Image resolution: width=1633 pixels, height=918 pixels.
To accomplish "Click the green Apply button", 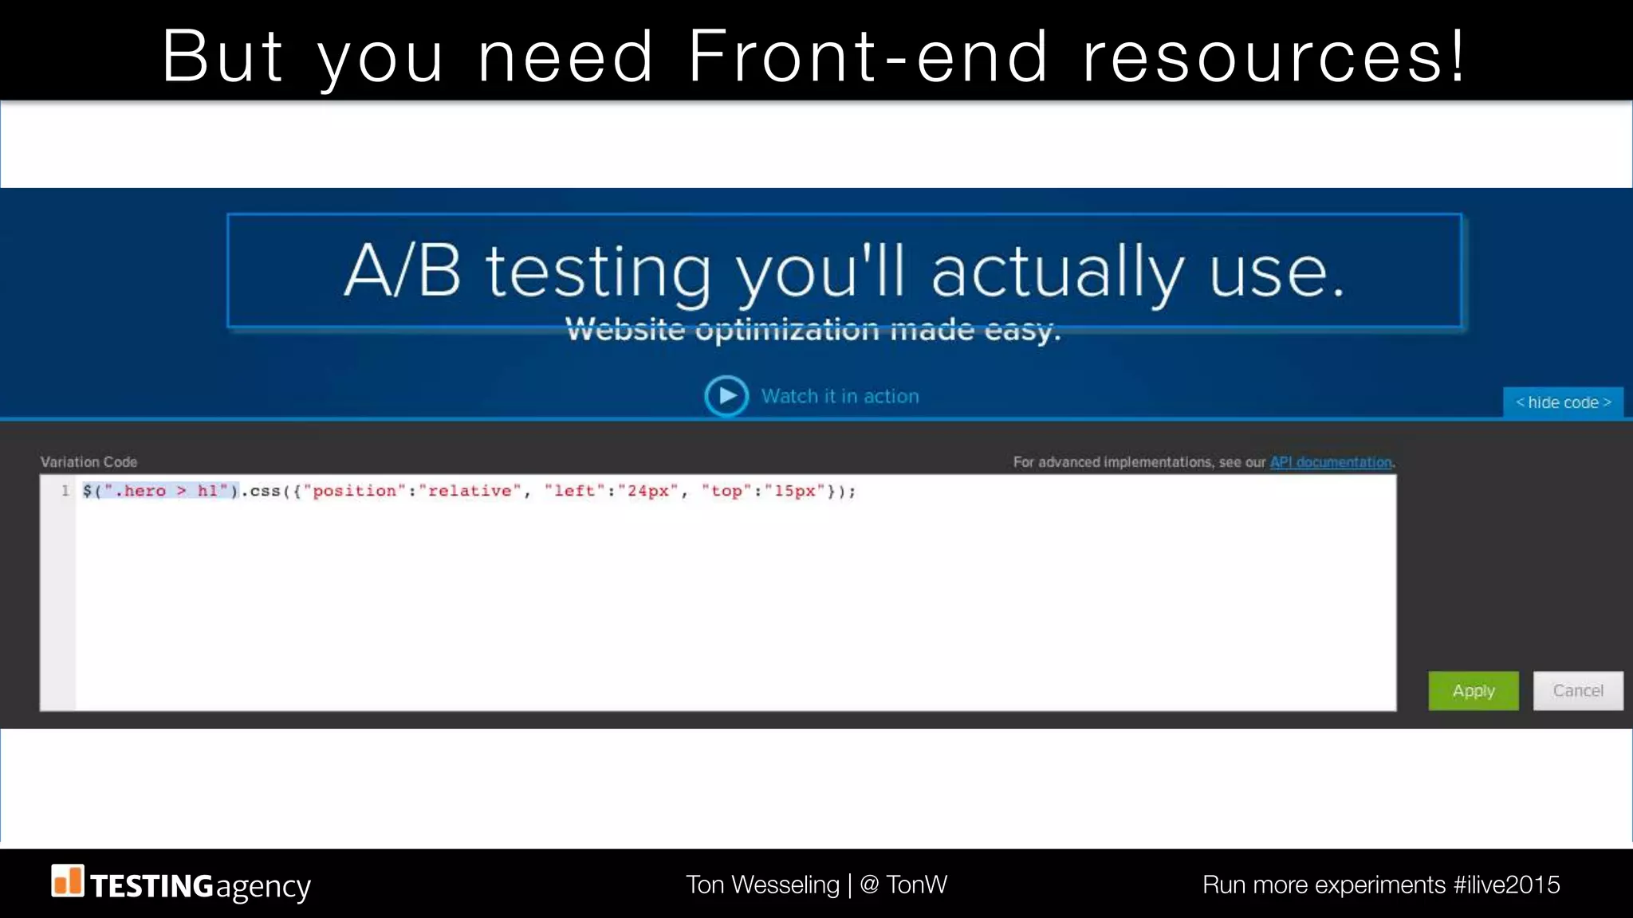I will click(1473, 691).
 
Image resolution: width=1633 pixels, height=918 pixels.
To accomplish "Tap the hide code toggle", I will click(1563, 402).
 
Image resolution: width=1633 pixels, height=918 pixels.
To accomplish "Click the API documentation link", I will click(1331, 462).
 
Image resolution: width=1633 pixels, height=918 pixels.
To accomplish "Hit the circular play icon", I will click(726, 396).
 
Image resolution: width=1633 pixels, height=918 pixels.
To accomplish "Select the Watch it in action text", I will click(840, 396).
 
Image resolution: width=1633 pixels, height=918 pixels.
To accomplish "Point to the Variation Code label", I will click(89, 462).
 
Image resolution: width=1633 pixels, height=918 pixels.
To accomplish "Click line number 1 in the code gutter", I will click(65, 491).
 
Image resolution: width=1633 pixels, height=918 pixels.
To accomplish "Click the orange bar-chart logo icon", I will click(68, 881).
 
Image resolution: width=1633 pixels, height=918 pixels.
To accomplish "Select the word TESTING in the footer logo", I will click(151, 886).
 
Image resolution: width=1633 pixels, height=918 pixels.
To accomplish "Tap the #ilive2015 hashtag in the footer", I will click(1506, 885).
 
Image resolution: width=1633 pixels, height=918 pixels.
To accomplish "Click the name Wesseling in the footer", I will click(785, 885).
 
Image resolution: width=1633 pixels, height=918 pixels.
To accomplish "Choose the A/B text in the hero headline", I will click(403, 271).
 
